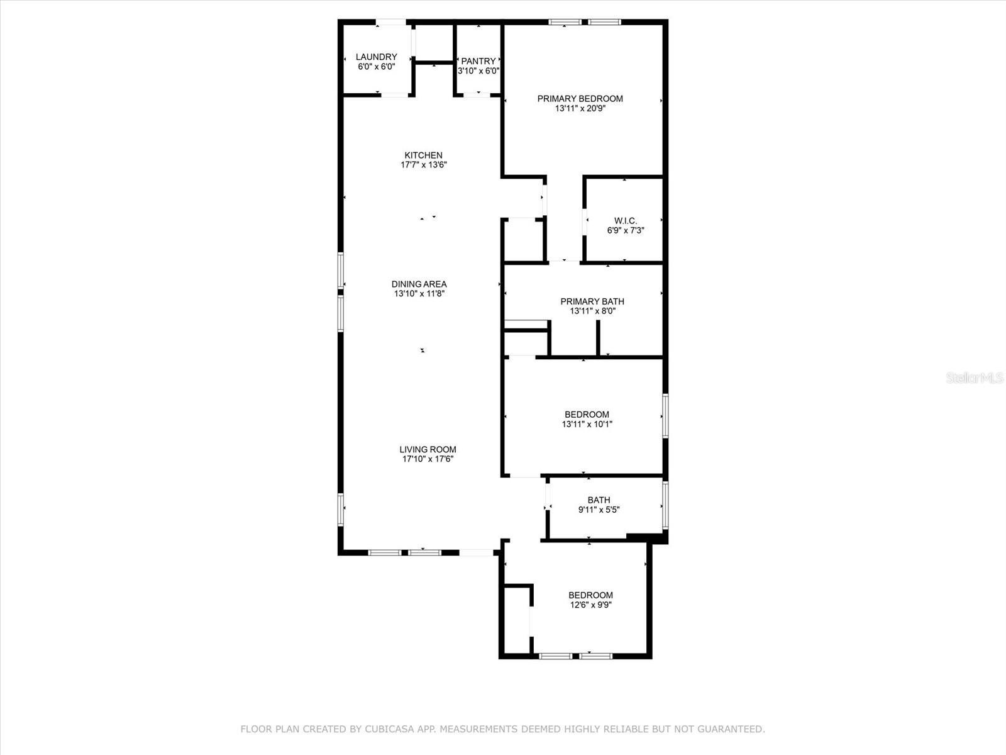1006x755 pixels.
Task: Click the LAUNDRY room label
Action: (x=376, y=57)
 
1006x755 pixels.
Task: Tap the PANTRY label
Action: (x=478, y=61)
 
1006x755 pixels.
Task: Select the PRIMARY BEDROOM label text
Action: (x=580, y=99)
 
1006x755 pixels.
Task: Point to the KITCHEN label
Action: (x=424, y=155)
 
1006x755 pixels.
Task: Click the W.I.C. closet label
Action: (x=626, y=221)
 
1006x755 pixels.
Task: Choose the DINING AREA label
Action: (x=419, y=284)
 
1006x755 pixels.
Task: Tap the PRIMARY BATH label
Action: (x=592, y=301)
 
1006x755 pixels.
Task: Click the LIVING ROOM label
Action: (x=428, y=450)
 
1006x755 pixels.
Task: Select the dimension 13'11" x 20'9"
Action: (x=580, y=109)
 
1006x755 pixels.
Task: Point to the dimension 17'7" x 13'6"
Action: (x=424, y=165)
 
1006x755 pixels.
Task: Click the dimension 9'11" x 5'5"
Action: (x=599, y=509)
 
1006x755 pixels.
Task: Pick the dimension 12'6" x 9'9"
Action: (x=591, y=605)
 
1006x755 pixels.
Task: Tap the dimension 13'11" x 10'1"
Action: (x=587, y=424)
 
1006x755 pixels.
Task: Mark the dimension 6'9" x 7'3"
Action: (x=626, y=230)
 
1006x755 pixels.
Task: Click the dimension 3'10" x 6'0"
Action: (x=478, y=71)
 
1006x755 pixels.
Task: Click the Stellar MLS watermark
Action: (x=975, y=377)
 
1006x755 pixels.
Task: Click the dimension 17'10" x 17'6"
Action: (x=428, y=459)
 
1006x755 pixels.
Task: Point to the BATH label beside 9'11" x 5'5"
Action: (x=599, y=500)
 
